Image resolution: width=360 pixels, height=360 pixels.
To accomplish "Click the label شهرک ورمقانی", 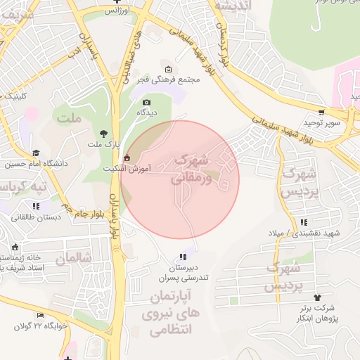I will pyautogui.click(x=190, y=169).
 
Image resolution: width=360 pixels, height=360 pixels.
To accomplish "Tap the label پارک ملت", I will pyautogui.click(x=101, y=145).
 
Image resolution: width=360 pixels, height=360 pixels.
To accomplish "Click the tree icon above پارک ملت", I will pyautogui.click(x=104, y=134).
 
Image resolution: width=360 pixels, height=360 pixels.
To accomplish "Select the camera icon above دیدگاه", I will pyautogui.click(x=146, y=102).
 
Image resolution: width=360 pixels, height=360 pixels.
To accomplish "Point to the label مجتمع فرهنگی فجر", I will pyautogui.click(x=169, y=79).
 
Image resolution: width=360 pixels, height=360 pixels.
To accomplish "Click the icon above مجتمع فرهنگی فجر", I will pyautogui.click(x=168, y=68).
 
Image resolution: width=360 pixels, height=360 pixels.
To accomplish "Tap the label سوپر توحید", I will pyautogui.click(x=321, y=124).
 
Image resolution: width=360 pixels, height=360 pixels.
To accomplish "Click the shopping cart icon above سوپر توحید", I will pyautogui.click(x=321, y=112).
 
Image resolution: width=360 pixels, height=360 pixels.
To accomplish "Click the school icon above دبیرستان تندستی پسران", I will pyautogui.click(x=183, y=257).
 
